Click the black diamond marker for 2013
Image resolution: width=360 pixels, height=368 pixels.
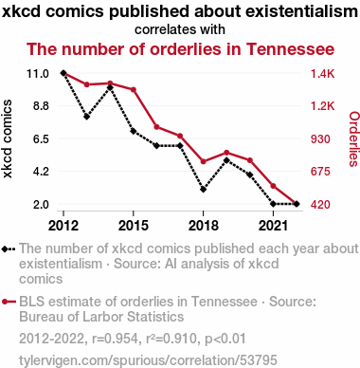(87, 117)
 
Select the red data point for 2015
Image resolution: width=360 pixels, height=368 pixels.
(134, 90)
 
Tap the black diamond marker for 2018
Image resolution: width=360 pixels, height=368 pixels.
(204, 190)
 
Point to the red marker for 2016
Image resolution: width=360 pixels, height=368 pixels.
(156, 127)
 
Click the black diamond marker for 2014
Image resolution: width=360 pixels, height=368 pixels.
(110, 87)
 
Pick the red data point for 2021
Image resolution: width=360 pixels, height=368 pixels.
(273, 186)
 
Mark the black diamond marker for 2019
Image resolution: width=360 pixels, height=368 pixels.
(226, 160)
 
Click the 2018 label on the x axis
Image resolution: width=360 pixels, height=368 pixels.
(204, 226)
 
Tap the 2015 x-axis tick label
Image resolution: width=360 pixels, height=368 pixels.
(134, 226)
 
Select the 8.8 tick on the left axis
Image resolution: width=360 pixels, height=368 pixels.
(42, 106)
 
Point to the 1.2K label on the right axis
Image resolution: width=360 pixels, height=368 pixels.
(322, 106)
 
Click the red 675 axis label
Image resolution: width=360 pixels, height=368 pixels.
(320, 172)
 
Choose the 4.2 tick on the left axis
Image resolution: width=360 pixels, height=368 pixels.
(42, 172)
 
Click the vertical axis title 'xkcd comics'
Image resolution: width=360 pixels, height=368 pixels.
(7, 138)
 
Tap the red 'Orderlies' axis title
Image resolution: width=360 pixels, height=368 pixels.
(353, 138)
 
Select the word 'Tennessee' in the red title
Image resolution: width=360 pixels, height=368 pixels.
(290, 49)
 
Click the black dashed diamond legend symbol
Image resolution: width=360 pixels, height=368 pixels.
(9, 248)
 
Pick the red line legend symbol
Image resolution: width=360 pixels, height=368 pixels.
(9, 302)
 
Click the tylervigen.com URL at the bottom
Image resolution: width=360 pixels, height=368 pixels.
(148, 360)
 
